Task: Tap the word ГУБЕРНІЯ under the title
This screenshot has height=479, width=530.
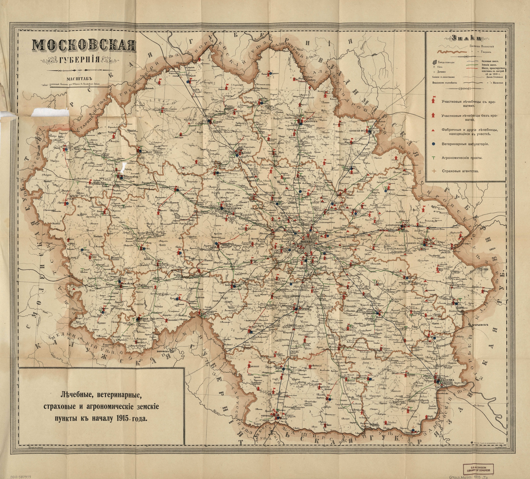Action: click(x=79, y=60)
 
